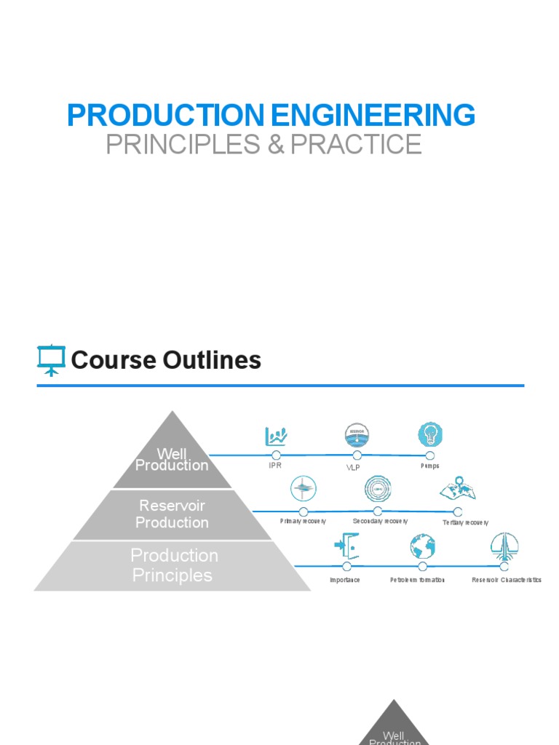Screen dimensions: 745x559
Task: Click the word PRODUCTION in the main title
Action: [165, 116]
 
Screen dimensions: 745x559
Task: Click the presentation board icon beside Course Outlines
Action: [51, 360]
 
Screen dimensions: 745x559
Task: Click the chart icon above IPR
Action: [276, 437]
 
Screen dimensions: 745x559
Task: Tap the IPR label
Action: [275, 465]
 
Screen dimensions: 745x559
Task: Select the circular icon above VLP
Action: [357, 436]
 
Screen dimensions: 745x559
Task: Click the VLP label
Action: [353, 467]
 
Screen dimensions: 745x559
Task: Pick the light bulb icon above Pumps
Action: [429, 435]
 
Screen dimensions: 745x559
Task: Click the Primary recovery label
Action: [303, 522]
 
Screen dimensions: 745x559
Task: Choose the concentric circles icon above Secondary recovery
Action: [378, 489]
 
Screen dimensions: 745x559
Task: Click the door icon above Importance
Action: [346, 546]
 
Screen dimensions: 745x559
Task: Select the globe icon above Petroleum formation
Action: [422, 546]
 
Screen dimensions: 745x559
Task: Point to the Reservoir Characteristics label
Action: [507, 580]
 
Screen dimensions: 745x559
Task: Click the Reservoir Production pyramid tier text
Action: [172, 514]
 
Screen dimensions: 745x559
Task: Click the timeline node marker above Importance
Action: [346, 566]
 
